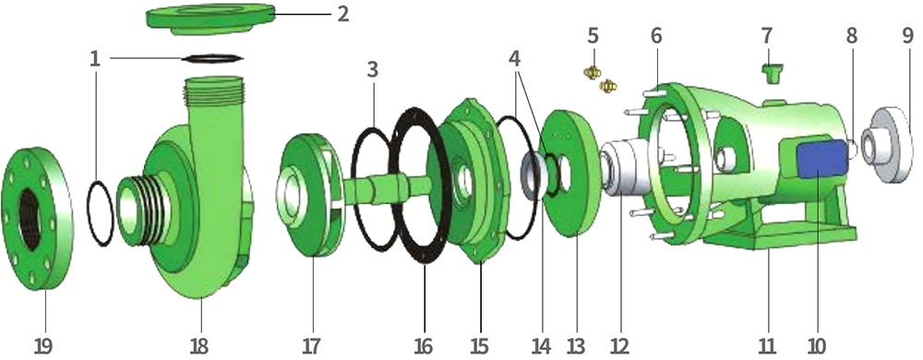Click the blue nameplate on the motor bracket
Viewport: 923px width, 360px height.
click(822, 160)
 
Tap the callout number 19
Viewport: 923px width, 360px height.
click(42, 346)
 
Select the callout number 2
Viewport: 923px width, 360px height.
click(342, 14)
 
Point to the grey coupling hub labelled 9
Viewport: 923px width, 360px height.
click(886, 145)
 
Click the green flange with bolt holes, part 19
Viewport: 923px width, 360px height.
click(38, 218)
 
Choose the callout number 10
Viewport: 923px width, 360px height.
click(816, 346)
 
